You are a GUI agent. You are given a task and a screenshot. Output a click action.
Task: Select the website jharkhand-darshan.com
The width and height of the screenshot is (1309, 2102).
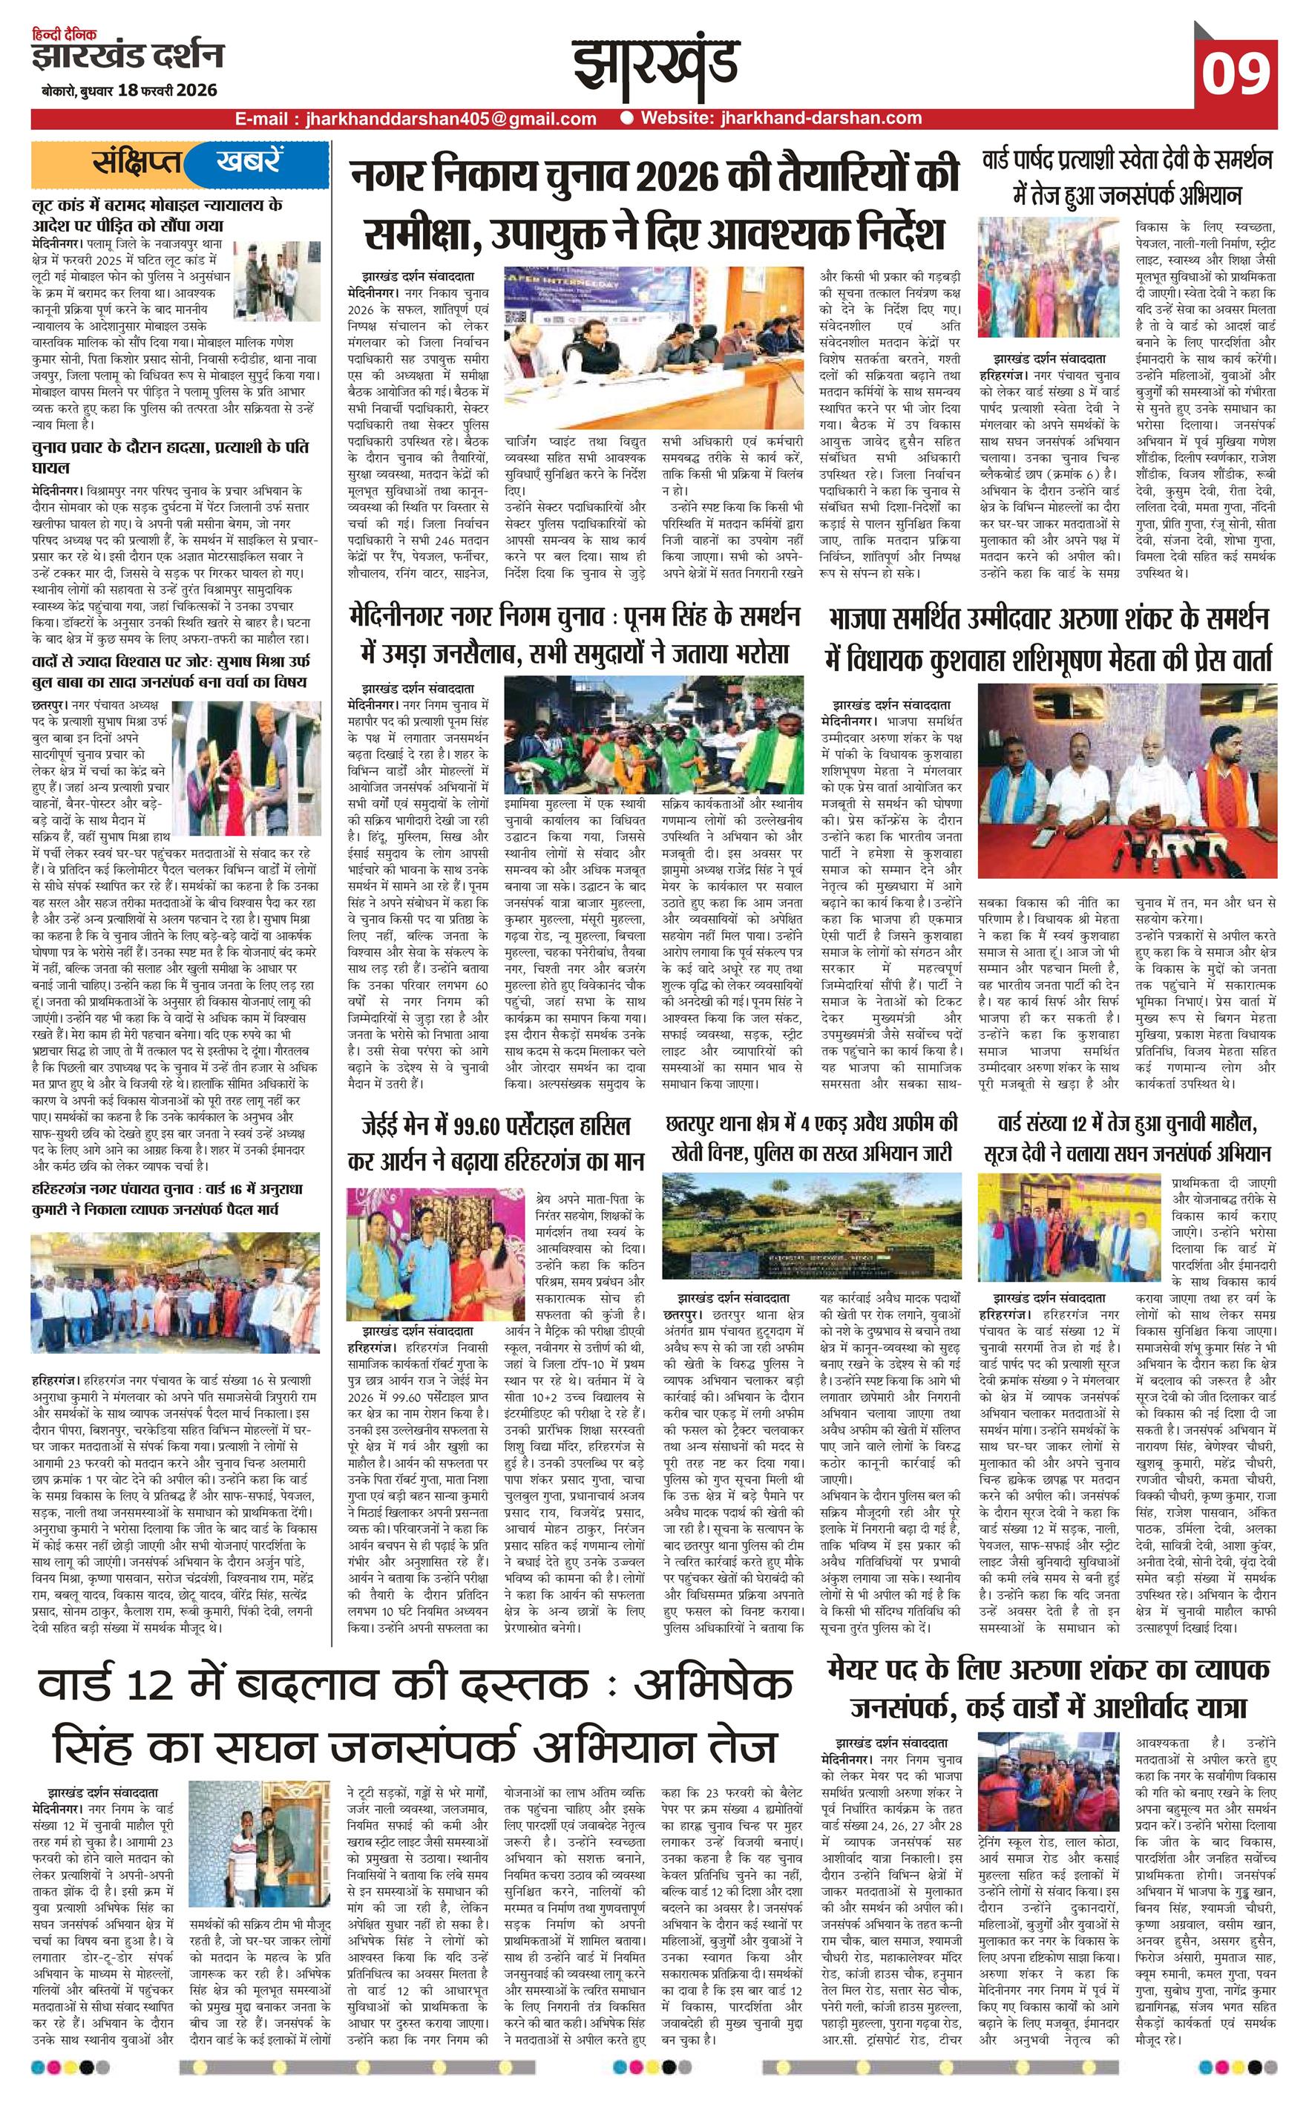[778, 119]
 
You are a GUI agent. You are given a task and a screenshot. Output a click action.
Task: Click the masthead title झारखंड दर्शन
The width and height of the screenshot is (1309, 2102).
[128, 57]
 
